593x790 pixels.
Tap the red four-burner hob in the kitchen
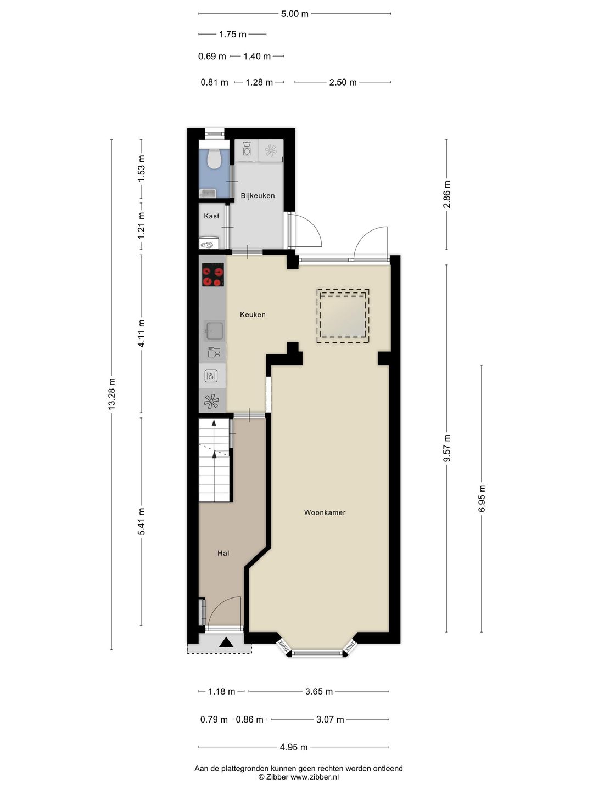(213, 275)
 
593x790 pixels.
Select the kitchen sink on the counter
(215, 331)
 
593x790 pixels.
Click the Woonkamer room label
(325, 512)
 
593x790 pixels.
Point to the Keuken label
(253, 314)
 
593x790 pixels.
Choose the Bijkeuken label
(258, 196)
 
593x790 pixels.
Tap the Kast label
(211, 216)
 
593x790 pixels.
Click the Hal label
(223, 553)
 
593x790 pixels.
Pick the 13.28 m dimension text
(111, 394)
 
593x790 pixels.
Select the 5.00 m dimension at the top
(294, 14)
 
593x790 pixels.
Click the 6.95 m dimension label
(482, 498)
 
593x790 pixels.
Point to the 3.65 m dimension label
(319, 691)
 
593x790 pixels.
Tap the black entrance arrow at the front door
(226, 642)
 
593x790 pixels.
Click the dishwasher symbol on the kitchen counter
(214, 352)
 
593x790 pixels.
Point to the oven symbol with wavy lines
(211, 376)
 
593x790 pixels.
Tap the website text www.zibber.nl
(315, 777)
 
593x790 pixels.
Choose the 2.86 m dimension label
(447, 194)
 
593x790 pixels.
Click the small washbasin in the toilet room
(208, 194)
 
